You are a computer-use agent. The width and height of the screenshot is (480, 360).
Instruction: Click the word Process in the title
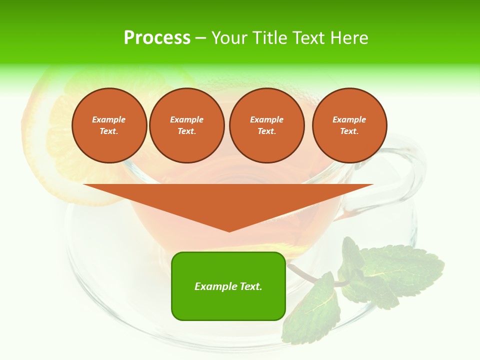[x=157, y=38]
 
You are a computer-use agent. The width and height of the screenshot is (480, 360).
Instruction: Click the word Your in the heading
[x=230, y=38]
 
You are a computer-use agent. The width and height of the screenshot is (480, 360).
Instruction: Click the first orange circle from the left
[x=109, y=125]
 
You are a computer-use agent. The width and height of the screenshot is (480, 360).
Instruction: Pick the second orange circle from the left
[x=186, y=125]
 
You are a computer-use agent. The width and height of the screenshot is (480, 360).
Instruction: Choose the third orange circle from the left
[x=266, y=125]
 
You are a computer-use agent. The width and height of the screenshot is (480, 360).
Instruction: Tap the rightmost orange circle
[x=349, y=125]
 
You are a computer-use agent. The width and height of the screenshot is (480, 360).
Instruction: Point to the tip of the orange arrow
[x=229, y=231]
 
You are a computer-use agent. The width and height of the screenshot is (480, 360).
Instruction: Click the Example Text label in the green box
[x=228, y=286]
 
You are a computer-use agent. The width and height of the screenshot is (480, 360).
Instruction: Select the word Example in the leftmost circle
[x=109, y=119]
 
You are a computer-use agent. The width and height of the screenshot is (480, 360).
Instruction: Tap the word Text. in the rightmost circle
[x=349, y=131]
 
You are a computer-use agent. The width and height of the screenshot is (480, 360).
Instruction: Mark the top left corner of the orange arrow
[x=84, y=185]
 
